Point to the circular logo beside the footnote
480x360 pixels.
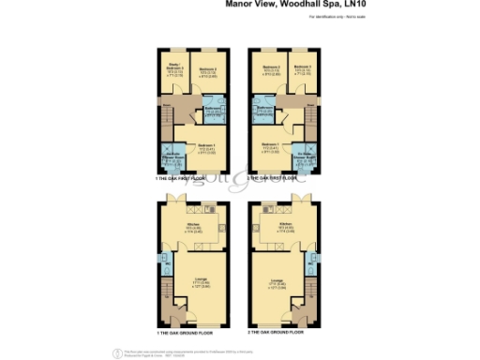point(119,352)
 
